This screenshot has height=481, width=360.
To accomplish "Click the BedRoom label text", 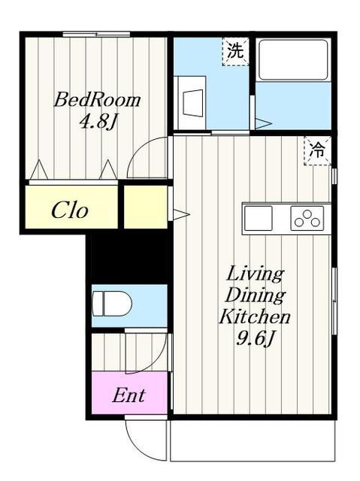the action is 97,100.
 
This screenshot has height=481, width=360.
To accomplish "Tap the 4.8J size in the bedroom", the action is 98,123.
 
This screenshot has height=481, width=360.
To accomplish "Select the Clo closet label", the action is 70,210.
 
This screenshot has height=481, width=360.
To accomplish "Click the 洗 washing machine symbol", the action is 235,51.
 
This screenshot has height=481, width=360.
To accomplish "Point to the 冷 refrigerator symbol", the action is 317,150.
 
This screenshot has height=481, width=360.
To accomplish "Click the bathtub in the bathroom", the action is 293,60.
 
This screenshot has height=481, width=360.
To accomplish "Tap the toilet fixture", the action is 112,304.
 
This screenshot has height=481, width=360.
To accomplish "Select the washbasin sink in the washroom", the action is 190,103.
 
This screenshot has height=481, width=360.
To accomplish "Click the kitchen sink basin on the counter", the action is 259,218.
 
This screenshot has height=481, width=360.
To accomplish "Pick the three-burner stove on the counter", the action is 307,218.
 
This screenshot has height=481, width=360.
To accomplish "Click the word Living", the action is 255,274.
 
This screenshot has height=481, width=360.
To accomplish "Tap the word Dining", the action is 256,295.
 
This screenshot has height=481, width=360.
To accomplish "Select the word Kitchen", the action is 255,316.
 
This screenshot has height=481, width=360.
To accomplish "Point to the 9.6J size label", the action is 255,338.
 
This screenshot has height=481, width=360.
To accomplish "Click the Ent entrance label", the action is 129,395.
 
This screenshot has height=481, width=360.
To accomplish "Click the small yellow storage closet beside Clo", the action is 146,207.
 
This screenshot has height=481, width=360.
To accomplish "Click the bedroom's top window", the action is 96,34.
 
